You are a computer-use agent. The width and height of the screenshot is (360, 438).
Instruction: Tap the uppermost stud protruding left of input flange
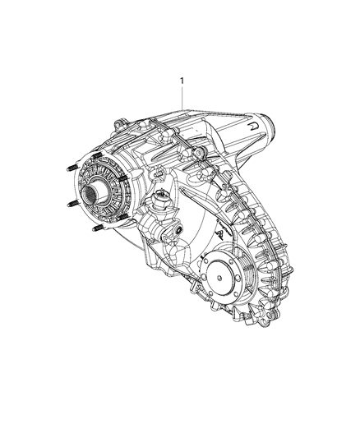click(x=66, y=169)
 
